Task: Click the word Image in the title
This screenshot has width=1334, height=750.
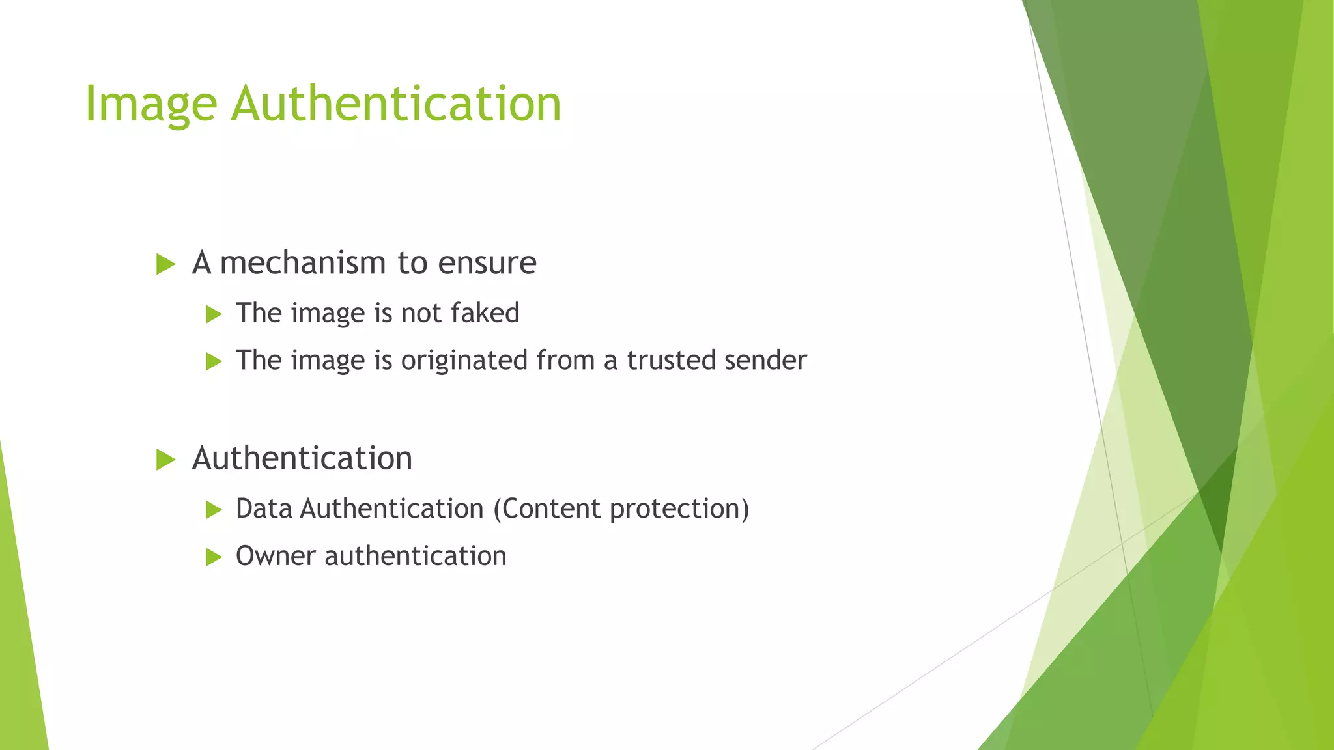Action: [x=150, y=104]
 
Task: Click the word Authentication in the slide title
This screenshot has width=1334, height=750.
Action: [x=396, y=104]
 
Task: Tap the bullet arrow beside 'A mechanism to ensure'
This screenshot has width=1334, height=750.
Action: [x=166, y=264]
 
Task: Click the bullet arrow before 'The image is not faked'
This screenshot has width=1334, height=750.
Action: [x=214, y=314]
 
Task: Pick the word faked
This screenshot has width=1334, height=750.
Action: [x=485, y=313]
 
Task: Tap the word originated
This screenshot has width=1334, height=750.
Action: [x=464, y=361]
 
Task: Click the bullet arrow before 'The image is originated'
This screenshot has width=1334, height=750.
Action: [x=214, y=361]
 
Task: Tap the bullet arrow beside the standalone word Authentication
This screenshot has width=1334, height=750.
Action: [x=166, y=460]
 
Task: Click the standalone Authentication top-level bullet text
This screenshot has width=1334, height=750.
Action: [x=302, y=458]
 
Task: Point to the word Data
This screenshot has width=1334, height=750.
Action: [x=264, y=509]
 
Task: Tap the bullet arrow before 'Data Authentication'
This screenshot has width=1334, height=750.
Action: [x=214, y=510]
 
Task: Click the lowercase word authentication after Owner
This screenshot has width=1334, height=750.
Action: [x=416, y=556]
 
